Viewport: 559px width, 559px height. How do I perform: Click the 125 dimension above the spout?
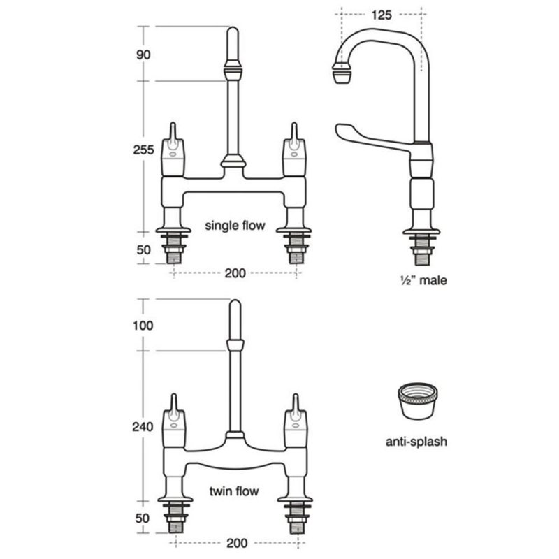point(381,15)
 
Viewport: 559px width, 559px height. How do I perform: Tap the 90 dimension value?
point(143,55)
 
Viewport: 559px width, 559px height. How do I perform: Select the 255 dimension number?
point(143,150)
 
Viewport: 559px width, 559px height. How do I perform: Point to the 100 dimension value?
point(143,325)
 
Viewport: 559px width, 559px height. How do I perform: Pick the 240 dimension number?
point(143,426)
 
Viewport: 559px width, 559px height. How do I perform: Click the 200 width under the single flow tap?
point(235,273)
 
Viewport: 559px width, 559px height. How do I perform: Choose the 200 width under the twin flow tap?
point(237,543)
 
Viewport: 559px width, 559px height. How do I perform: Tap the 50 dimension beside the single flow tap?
point(143,250)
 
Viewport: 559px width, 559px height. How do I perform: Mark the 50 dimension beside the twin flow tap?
point(143,518)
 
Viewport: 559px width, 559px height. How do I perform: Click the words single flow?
point(235,225)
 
